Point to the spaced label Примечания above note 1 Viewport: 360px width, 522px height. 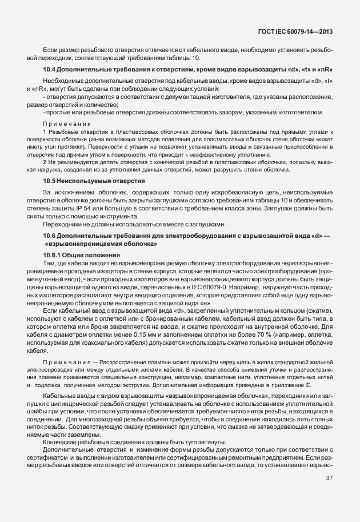pos(66,123)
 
